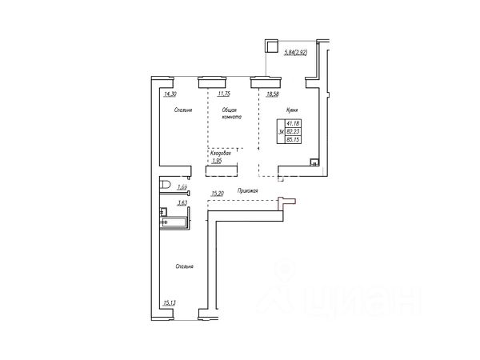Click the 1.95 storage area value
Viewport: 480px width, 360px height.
pyautogui.click(x=215, y=161)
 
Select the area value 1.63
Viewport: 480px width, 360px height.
pyautogui.click(x=182, y=188)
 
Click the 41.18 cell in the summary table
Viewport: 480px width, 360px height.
pyautogui.click(x=292, y=122)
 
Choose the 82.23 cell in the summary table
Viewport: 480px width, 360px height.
pyautogui.click(x=292, y=130)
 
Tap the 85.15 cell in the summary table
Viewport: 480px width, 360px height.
pyautogui.click(x=292, y=138)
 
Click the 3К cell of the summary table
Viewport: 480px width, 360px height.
pyautogui.click(x=280, y=130)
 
